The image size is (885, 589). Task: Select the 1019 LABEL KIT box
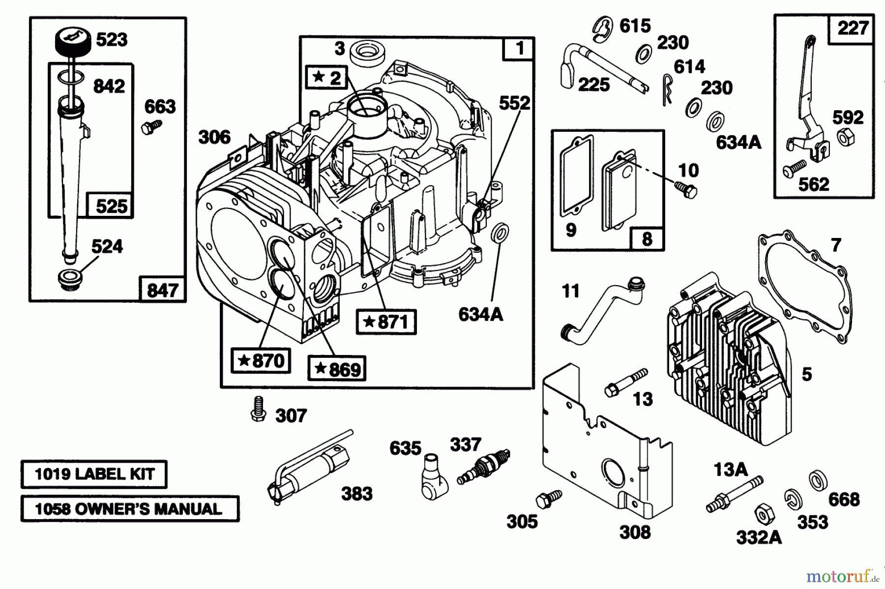[94, 474]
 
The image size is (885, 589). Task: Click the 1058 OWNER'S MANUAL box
[129, 509]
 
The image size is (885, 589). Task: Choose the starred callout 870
[261, 360]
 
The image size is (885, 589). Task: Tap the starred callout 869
[337, 369]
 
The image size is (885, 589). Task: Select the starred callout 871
[386, 322]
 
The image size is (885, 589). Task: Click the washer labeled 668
[818, 480]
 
